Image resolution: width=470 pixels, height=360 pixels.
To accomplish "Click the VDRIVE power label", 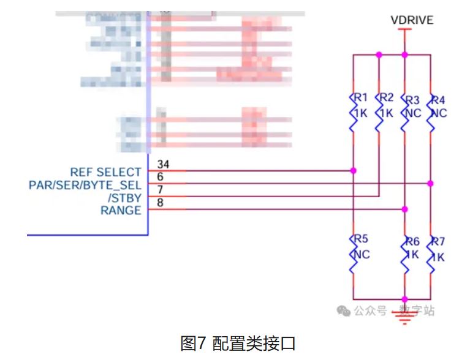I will pyautogui.click(x=412, y=20).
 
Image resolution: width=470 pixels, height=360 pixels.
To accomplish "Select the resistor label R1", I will pyautogui.click(x=360, y=98).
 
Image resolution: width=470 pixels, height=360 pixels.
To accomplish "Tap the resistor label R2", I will pyautogui.click(x=386, y=98).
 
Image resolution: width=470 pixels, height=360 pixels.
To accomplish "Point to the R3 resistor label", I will pyautogui.click(x=412, y=99).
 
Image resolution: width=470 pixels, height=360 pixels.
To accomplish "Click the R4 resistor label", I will pyautogui.click(x=439, y=99).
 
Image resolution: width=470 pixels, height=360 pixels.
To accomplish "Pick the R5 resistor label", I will pyautogui.click(x=360, y=239).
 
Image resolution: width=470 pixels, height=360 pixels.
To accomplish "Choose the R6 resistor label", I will pyautogui.click(x=412, y=241).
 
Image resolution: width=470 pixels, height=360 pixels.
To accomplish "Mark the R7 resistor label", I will pyautogui.click(x=438, y=241).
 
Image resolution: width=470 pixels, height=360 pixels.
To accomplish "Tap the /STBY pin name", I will pyautogui.click(x=124, y=197).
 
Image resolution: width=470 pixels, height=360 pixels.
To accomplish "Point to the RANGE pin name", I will pyautogui.click(x=121, y=210).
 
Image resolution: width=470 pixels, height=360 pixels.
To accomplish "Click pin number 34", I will pyautogui.click(x=163, y=164).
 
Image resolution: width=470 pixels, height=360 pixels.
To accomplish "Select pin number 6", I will pyautogui.click(x=160, y=177).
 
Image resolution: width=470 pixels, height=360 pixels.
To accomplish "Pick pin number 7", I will pyautogui.click(x=160, y=190).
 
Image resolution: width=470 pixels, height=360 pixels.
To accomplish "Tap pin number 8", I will pyautogui.click(x=160, y=203).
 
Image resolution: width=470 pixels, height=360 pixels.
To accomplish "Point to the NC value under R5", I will pyautogui.click(x=362, y=254).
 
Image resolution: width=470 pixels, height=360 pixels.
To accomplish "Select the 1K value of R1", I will pyautogui.click(x=360, y=113).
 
